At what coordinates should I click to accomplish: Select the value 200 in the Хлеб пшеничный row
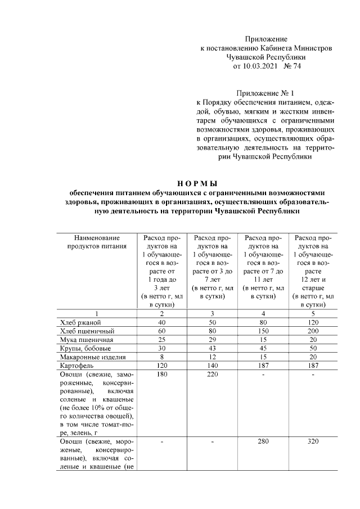click(313, 331)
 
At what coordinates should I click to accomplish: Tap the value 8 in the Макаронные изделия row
click(163, 357)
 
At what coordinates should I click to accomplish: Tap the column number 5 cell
click(313, 313)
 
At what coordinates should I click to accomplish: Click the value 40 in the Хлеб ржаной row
click(163, 322)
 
